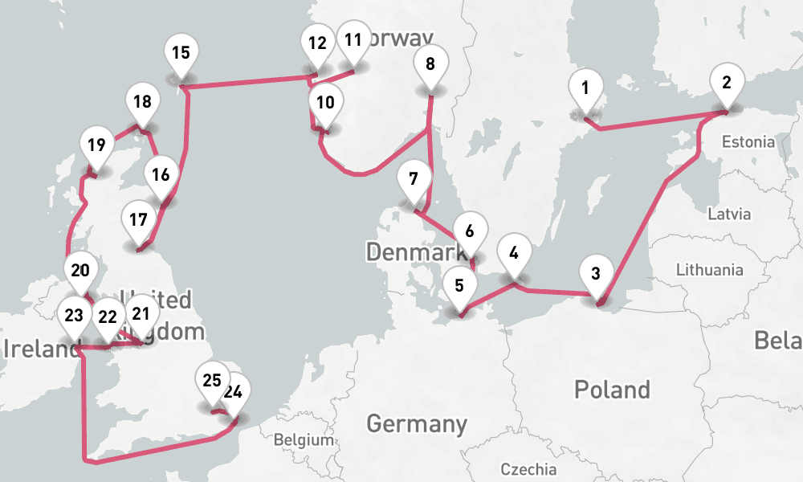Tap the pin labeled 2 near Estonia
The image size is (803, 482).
click(x=727, y=83)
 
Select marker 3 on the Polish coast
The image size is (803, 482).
click(x=595, y=274)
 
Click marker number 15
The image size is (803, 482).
click(x=181, y=54)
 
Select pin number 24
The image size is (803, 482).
click(x=234, y=394)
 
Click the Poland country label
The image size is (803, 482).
click(x=612, y=390)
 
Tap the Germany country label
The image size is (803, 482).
click(x=417, y=423)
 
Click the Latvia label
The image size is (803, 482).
click(x=729, y=214)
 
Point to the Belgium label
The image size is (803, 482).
click(x=304, y=440)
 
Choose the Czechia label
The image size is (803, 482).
click(x=528, y=469)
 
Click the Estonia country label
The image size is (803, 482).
click(x=748, y=142)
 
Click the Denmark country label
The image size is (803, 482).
click(x=416, y=252)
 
